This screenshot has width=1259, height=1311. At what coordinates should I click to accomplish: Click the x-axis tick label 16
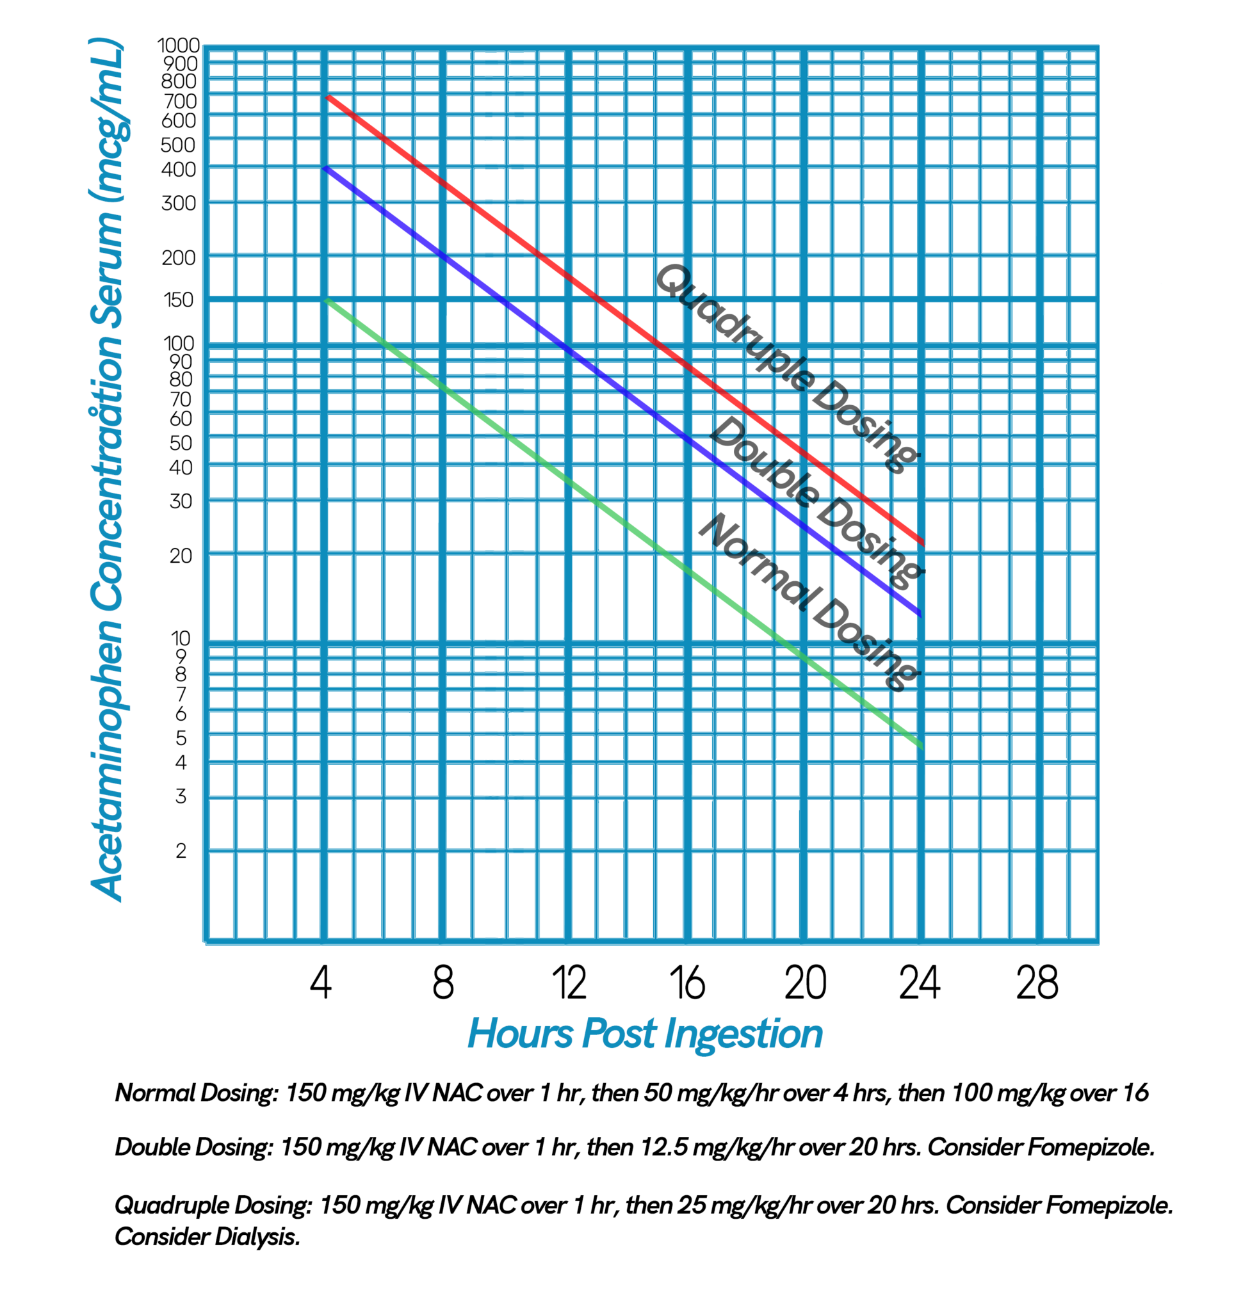point(687,983)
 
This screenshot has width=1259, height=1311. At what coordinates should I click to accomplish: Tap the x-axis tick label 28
point(1037,983)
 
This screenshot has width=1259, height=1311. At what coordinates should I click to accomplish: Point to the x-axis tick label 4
point(321,983)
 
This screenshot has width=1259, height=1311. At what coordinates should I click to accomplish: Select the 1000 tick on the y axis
point(178,45)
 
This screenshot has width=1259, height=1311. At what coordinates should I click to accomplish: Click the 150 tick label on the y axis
point(179,300)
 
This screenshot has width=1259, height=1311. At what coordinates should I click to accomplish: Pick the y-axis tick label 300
point(179,203)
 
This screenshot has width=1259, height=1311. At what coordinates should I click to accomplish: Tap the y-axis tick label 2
point(181,851)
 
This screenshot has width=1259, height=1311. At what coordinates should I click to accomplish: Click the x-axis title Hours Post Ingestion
point(645,1034)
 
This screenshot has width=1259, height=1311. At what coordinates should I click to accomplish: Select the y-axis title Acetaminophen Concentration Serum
point(107,468)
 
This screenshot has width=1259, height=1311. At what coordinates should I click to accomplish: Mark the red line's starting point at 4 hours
point(328,98)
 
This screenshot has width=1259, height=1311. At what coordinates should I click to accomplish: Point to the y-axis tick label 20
point(181,555)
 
